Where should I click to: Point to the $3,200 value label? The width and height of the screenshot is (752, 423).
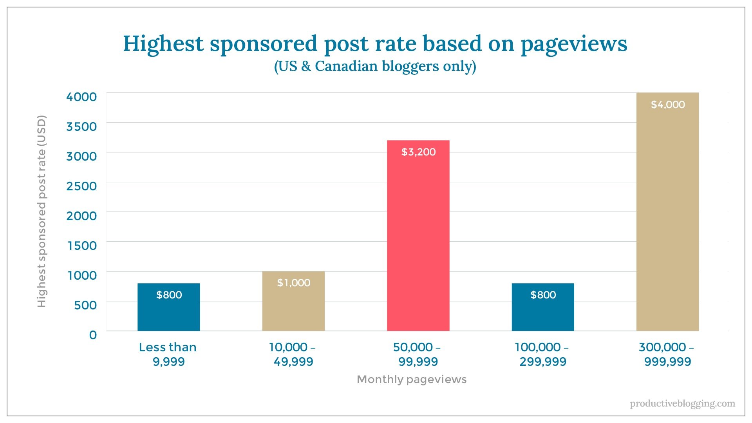pos(418,152)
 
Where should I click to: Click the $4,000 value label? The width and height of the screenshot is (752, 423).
pos(668,105)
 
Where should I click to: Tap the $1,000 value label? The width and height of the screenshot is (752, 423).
pos(294,283)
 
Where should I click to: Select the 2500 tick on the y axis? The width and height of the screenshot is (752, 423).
pos(81,186)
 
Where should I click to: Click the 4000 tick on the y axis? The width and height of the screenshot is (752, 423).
pos(81,97)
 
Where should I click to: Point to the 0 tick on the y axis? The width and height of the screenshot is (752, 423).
pos(93,335)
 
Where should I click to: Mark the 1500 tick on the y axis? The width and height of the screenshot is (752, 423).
pos(82,246)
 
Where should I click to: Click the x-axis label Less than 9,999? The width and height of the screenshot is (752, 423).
pos(168,354)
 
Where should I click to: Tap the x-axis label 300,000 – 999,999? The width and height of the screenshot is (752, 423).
pos(667,354)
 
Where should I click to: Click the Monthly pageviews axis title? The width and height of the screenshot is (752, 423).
pos(412,379)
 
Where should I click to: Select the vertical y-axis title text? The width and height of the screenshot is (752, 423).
pos(42,211)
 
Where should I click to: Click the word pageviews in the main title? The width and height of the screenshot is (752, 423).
pos(574,44)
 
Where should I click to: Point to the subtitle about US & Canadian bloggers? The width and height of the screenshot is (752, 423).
pos(375,66)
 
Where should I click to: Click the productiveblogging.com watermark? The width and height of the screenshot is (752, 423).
pos(682,403)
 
